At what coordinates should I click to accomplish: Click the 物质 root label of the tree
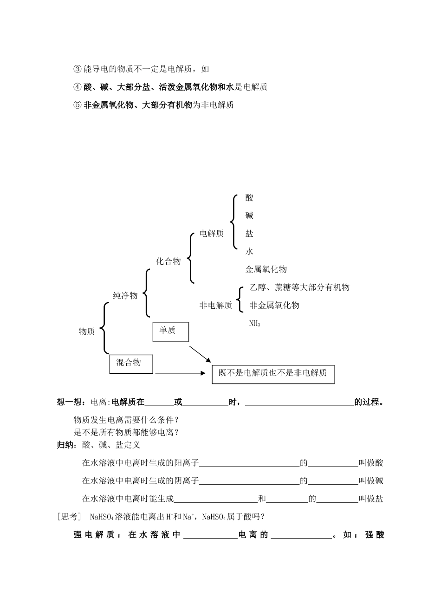(x=87, y=331)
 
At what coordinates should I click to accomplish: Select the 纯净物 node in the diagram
(x=125, y=295)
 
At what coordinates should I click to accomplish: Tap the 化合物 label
(x=168, y=261)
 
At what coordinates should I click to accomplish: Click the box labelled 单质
(x=170, y=331)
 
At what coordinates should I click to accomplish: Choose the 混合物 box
(x=131, y=364)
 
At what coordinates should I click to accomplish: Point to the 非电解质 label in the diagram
(x=215, y=305)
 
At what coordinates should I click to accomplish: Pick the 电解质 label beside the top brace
(x=212, y=234)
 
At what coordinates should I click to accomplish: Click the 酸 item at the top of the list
(x=250, y=198)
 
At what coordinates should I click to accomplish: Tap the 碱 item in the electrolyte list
(x=250, y=216)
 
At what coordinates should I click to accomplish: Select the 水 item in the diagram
(x=250, y=252)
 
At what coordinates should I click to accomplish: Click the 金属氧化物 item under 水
(x=266, y=269)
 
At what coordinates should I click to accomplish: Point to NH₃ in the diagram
(x=255, y=324)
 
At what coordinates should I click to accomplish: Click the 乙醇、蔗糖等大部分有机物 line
(x=299, y=287)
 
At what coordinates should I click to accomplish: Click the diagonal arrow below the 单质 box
(x=200, y=354)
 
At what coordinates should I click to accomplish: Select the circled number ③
(x=78, y=69)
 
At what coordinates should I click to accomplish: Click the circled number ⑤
(x=78, y=105)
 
